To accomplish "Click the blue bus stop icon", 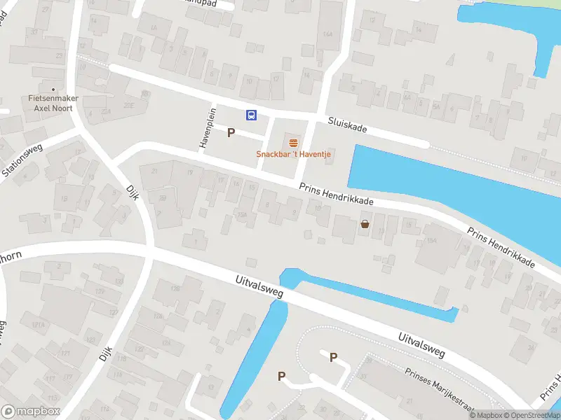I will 250,115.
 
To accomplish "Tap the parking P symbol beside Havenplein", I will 230,132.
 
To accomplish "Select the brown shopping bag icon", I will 365,225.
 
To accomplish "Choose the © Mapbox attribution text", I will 485,415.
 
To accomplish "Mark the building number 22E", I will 129,104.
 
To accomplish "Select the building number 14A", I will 327,34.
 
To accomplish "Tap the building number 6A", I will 407,98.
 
